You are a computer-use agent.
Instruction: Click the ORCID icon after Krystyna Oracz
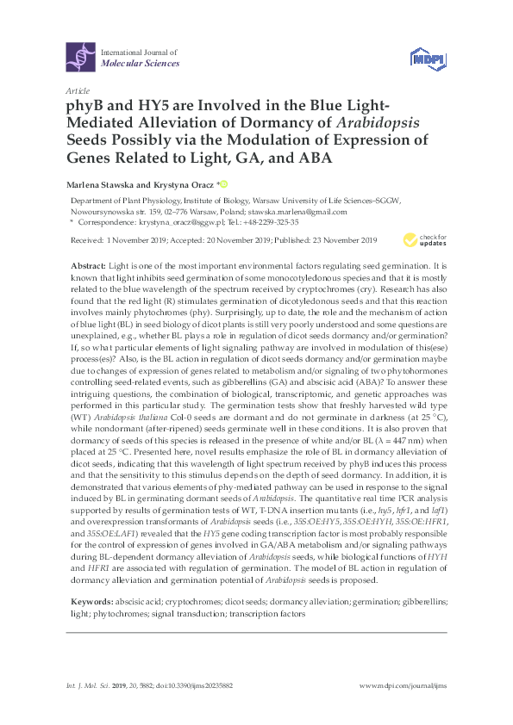coord(225,183)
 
